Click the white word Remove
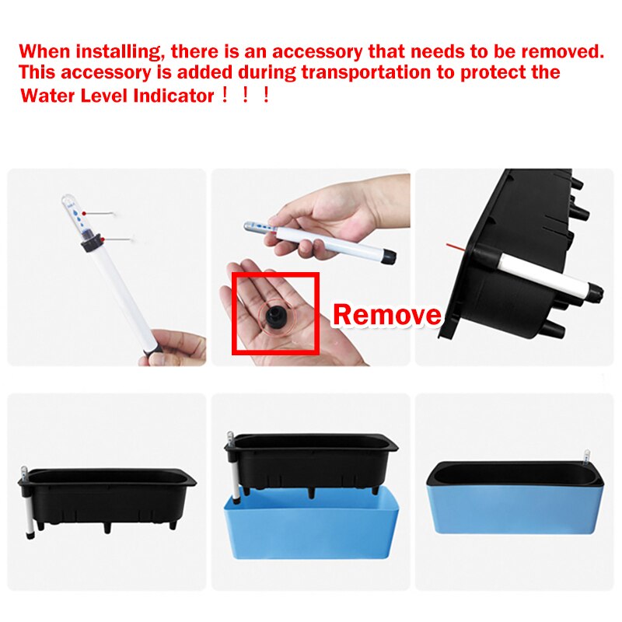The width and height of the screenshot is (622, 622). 386,315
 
